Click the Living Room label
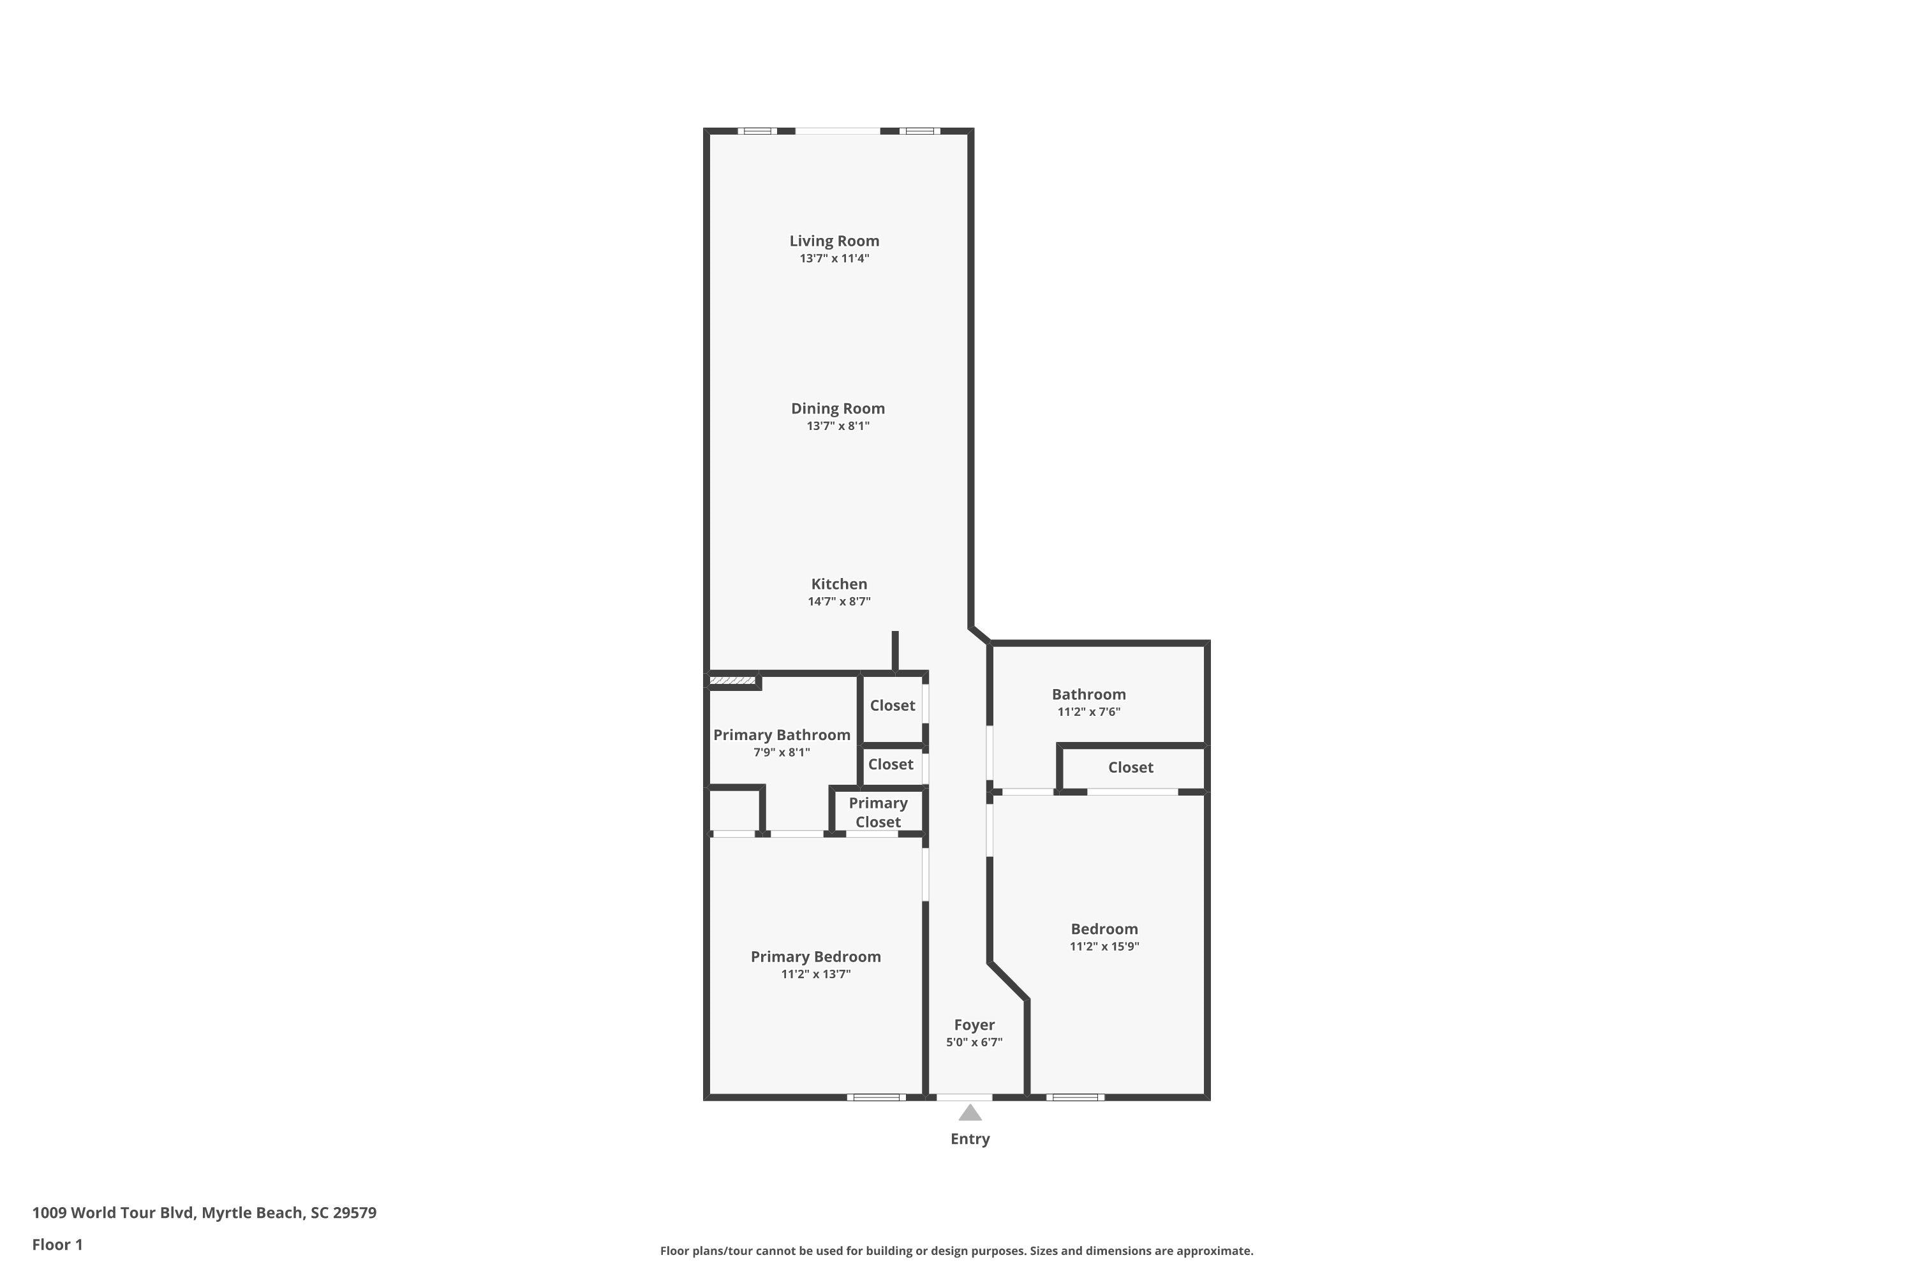pyautogui.click(x=834, y=241)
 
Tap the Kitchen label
pyautogui.click(x=839, y=584)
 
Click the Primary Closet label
pyautogui.click(x=877, y=812)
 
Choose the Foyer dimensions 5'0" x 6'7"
pyautogui.click(x=974, y=1042)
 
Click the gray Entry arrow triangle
pyautogui.click(x=969, y=1113)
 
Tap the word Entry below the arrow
pyautogui.click(x=969, y=1139)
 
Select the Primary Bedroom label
pyautogui.click(x=815, y=957)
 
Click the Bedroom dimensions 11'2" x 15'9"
pyautogui.click(x=1104, y=946)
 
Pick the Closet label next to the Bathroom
pyautogui.click(x=1131, y=768)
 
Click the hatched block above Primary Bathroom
pyautogui.click(x=732, y=680)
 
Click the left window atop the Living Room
pyautogui.click(x=757, y=131)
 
